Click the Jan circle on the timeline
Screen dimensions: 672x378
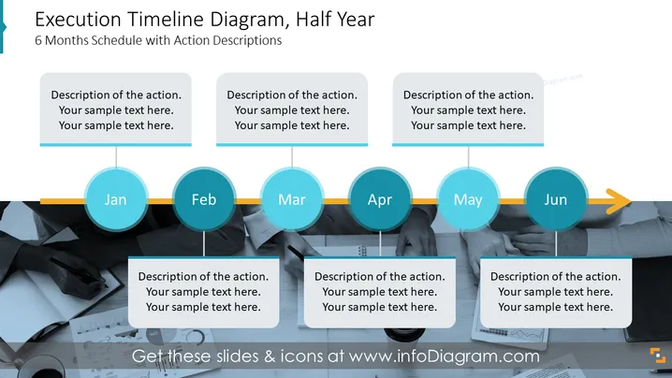pyautogui.click(x=116, y=199)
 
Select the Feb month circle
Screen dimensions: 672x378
pyautogui.click(x=204, y=199)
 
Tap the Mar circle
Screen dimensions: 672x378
pyautogui.click(x=292, y=199)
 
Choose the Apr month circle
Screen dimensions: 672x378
pyautogui.click(x=380, y=199)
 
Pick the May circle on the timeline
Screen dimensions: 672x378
pyautogui.click(x=468, y=199)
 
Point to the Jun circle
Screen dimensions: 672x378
pyautogui.click(x=556, y=199)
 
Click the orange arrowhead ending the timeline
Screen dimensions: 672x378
pyautogui.click(x=619, y=201)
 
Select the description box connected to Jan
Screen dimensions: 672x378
pyautogui.click(x=116, y=109)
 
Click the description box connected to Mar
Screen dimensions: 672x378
pyautogui.click(x=292, y=109)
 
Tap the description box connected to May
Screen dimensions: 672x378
pyautogui.click(x=468, y=109)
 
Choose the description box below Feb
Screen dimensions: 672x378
pyautogui.click(x=204, y=292)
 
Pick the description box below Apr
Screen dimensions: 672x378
pyautogui.click(x=380, y=292)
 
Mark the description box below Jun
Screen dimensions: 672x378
pyautogui.click(x=556, y=292)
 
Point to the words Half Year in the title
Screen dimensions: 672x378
pyautogui.click(x=336, y=20)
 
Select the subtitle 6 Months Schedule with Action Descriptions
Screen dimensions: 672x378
pyautogui.click(x=158, y=40)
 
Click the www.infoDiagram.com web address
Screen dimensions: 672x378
pyautogui.click(x=444, y=356)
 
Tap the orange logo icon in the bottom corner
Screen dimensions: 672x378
pyautogui.click(x=658, y=356)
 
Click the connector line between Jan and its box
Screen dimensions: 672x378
pyautogui.click(x=116, y=157)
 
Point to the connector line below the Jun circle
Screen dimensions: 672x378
pyautogui.click(x=556, y=244)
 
